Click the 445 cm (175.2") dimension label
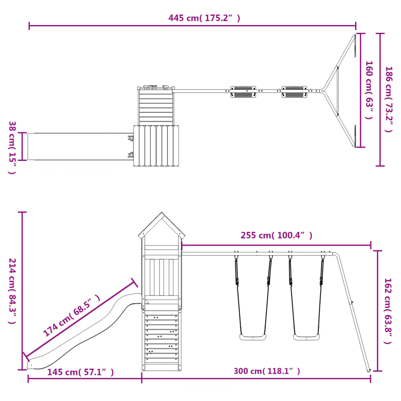(x=204, y=18)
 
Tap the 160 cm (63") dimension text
(x=369, y=90)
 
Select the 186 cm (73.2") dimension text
(x=389, y=99)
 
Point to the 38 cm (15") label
(x=12, y=148)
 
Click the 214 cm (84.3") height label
(x=12, y=291)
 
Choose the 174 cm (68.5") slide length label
(x=71, y=315)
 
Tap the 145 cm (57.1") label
(x=81, y=372)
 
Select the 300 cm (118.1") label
(x=267, y=371)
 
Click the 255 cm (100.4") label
(x=276, y=235)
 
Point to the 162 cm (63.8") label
(x=388, y=311)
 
